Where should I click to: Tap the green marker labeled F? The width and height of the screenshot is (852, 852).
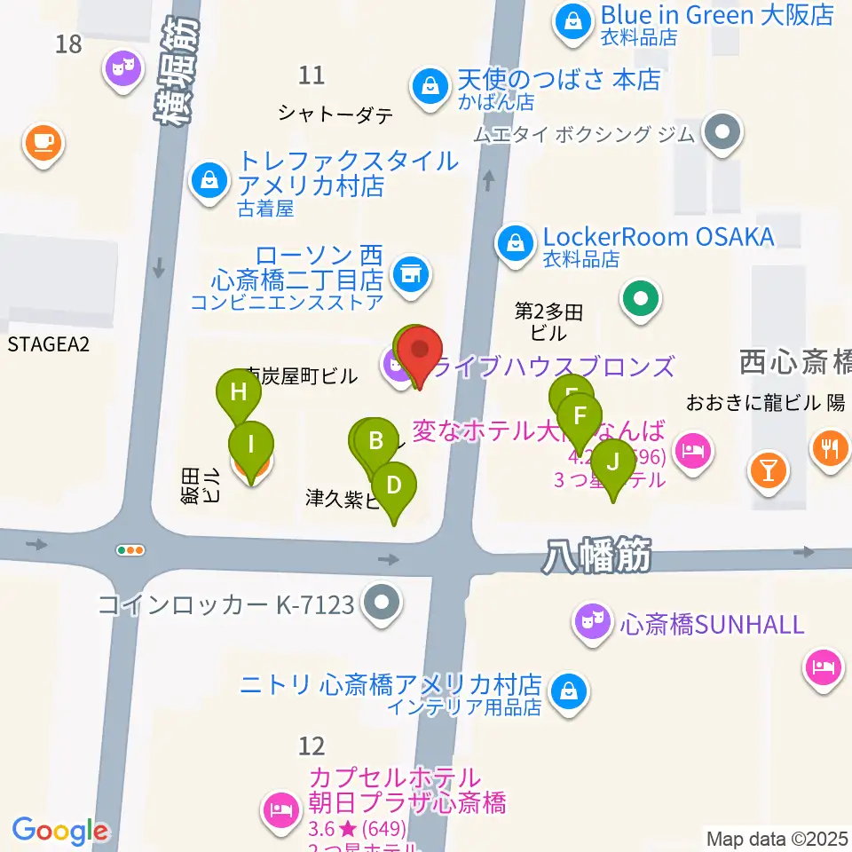click(x=580, y=417)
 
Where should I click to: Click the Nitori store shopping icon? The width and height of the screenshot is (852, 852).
click(x=566, y=690)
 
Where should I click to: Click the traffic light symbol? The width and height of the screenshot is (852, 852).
click(x=130, y=550)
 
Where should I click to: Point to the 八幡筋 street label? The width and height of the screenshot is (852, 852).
click(x=596, y=559)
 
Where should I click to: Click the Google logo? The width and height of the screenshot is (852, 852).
click(x=60, y=831)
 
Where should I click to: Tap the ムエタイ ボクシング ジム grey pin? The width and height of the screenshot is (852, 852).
click(x=722, y=133)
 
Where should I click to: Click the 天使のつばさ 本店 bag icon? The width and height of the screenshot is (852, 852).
click(x=430, y=87)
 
